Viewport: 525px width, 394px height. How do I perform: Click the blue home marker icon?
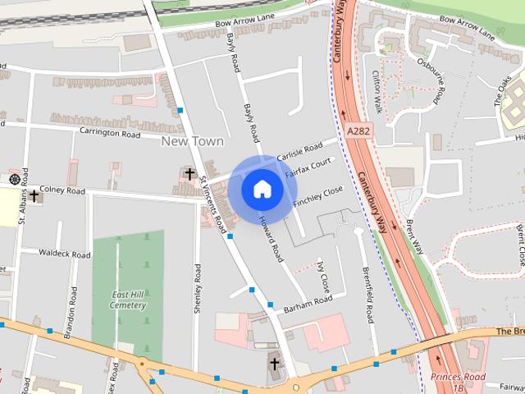(x=262, y=190)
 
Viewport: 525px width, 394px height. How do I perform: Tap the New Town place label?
(x=193, y=141)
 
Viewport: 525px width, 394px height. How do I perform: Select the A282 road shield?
(x=358, y=131)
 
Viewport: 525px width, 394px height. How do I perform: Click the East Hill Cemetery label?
(x=129, y=300)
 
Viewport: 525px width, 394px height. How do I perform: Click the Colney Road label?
(x=62, y=190)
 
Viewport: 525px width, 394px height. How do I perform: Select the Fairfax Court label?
(x=308, y=168)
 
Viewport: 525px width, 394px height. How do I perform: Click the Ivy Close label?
(x=322, y=277)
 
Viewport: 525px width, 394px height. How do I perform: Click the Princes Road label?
(x=458, y=377)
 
